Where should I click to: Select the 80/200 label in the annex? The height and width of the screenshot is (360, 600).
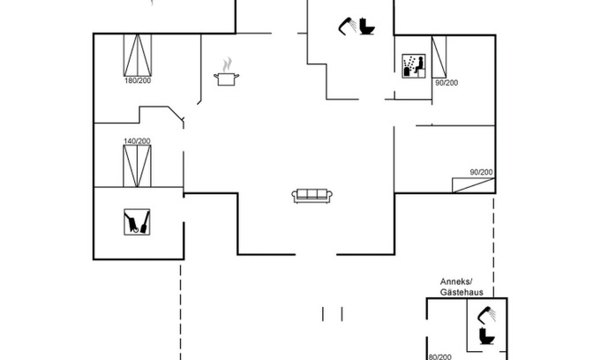[440, 356]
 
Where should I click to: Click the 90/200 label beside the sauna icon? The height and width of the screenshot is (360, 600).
[446, 83]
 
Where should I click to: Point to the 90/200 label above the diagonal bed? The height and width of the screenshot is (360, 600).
[481, 172]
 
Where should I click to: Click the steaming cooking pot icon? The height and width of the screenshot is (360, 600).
[228, 79]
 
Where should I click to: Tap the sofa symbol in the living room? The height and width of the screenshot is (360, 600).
[311, 195]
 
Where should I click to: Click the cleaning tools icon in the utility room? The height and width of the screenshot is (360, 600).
[137, 221]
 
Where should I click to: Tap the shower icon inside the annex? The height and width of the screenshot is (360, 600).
[485, 314]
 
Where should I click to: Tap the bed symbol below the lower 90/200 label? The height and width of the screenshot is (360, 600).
[472, 184]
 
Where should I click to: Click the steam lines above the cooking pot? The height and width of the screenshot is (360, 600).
[229, 64]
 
